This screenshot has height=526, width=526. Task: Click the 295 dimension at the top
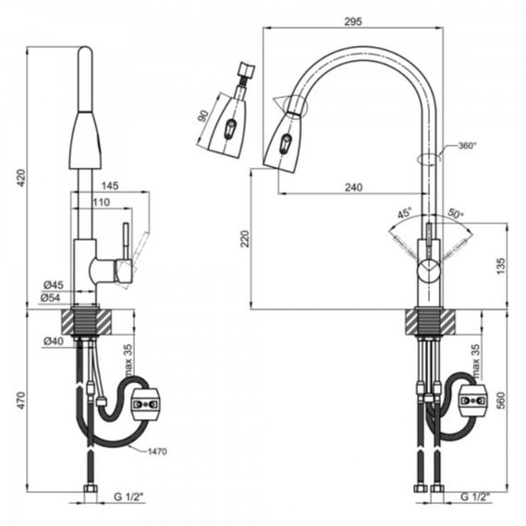coord(353,21)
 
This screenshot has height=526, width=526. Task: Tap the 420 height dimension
coord(21,178)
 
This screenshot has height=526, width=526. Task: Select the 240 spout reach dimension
coord(354,186)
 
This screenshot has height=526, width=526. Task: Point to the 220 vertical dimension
coord(246,238)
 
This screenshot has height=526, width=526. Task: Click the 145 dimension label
coord(110,185)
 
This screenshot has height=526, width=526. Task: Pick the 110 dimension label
coord(102,202)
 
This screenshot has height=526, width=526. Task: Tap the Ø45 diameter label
coord(54,285)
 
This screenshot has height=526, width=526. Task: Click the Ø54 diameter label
coord(51,297)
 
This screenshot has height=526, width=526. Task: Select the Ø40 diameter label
coord(54,341)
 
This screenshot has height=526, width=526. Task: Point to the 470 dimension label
coord(21,400)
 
